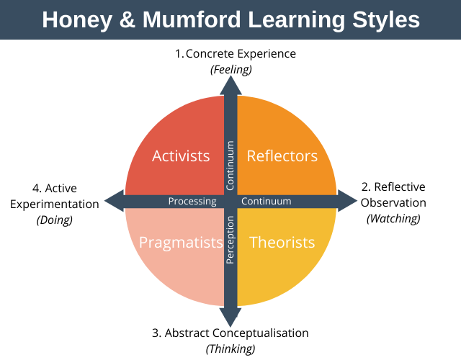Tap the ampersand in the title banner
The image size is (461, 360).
click(127, 19)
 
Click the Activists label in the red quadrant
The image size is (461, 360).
click(181, 156)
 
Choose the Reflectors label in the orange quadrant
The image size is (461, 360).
click(282, 156)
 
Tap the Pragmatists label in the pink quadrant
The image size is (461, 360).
click(181, 243)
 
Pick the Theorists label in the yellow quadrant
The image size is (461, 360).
click(282, 243)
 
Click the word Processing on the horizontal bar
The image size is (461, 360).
click(192, 202)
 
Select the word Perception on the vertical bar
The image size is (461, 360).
click(230, 240)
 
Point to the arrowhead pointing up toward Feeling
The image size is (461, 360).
click(230, 85)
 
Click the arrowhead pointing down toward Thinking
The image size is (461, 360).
click(230, 318)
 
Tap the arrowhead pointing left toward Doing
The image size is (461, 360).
click(114, 201)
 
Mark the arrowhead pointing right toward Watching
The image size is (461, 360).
click(347, 201)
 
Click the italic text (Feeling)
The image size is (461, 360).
click(231, 70)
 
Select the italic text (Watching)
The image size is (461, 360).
click(393, 219)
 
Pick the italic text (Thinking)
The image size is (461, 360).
click(230, 349)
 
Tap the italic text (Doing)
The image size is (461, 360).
click(55, 220)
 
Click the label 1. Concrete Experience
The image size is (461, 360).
click(236, 54)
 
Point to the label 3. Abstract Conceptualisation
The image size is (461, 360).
click(230, 333)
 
